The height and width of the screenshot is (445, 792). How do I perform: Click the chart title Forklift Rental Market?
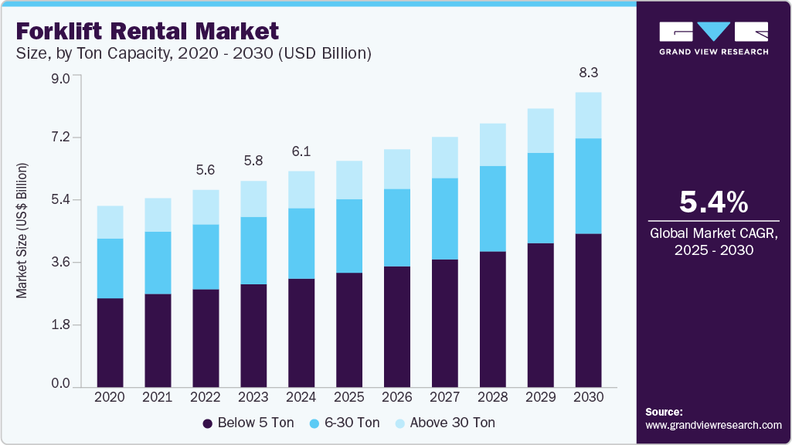click(147, 32)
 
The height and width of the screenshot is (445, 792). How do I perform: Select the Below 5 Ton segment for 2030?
click(589, 309)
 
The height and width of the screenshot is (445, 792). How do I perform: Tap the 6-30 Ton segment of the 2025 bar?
click(349, 236)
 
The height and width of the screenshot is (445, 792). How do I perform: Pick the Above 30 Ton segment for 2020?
click(110, 222)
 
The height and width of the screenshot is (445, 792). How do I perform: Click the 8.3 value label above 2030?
click(589, 73)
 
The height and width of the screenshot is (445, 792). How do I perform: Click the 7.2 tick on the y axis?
click(59, 138)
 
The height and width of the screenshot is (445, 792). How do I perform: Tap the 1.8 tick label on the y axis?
click(59, 324)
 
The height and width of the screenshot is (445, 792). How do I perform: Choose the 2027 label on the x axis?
click(445, 396)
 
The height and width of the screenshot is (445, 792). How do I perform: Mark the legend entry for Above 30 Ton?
click(444, 423)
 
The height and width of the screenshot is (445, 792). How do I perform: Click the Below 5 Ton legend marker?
click(207, 423)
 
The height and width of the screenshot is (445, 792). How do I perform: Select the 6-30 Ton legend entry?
click(345, 423)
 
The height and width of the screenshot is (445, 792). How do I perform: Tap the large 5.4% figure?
click(713, 202)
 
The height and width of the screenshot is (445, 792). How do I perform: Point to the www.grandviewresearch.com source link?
click(713, 425)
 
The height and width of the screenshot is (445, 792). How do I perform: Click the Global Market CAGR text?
click(713, 233)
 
